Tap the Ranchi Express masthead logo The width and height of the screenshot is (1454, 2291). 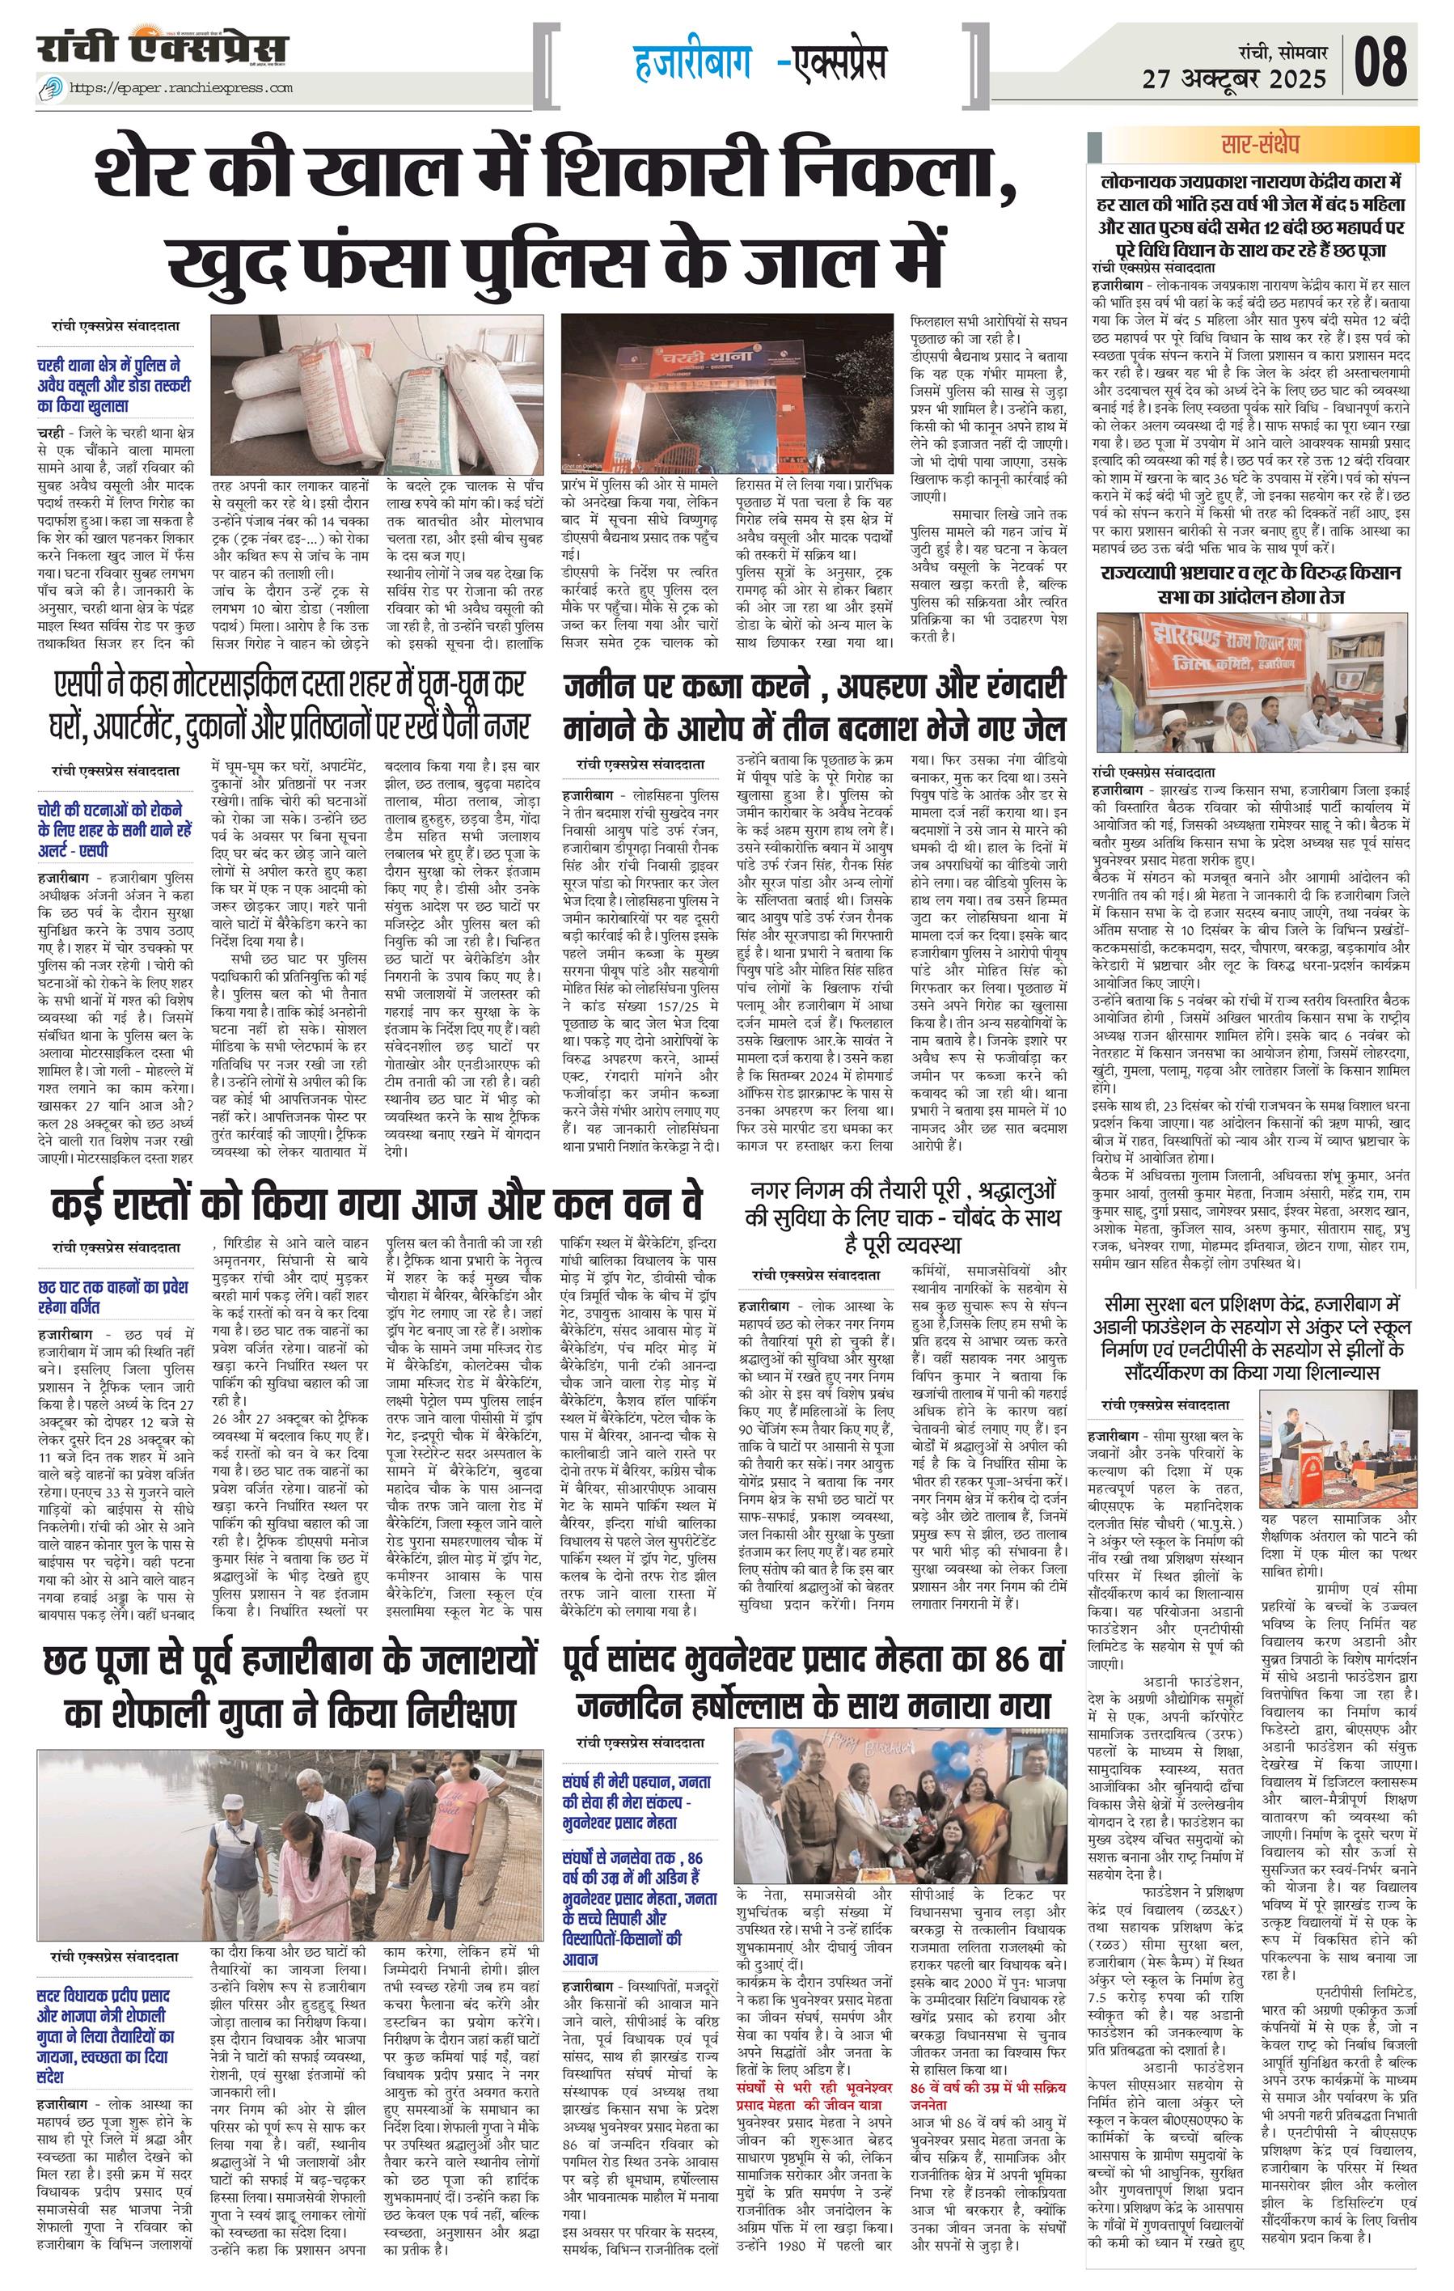pos(161,49)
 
